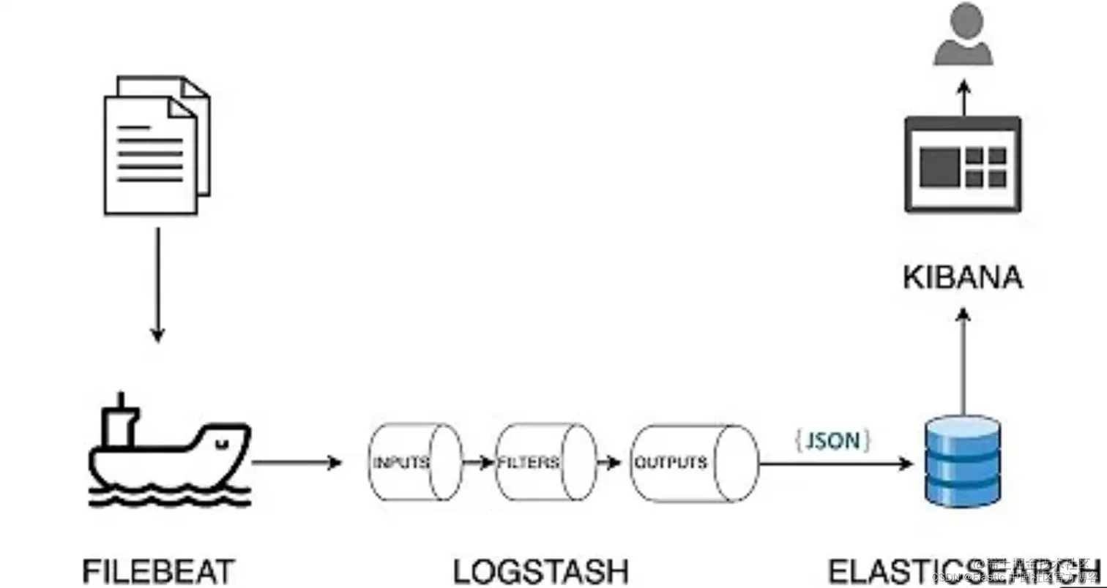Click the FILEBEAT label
(x=159, y=571)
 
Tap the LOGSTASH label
(x=541, y=571)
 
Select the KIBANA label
(x=963, y=279)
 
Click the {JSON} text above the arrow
(x=832, y=440)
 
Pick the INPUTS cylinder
(x=414, y=462)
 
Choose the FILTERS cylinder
(x=545, y=462)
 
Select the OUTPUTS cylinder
(x=693, y=462)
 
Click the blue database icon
(x=962, y=461)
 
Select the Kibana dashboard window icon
(x=963, y=164)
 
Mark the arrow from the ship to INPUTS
(x=297, y=462)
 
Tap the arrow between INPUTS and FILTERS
(x=479, y=462)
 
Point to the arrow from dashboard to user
(x=963, y=98)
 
